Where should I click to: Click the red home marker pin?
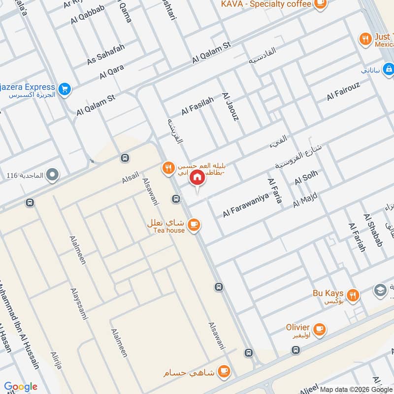click(197, 178)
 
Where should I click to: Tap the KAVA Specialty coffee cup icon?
click(320, 4)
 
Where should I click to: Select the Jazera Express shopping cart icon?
click(64, 90)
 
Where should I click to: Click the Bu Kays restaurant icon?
click(353, 295)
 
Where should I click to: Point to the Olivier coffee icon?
click(320, 328)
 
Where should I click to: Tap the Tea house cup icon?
click(194, 225)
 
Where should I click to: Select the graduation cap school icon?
click(380, 290)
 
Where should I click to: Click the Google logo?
click(20, 387)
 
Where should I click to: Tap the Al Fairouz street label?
click(343, 91)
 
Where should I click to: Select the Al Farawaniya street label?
click(245, 205)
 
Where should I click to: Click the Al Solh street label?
click(306, 177)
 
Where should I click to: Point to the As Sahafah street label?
click(106, 54)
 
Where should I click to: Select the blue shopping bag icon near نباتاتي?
click(389, 70)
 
